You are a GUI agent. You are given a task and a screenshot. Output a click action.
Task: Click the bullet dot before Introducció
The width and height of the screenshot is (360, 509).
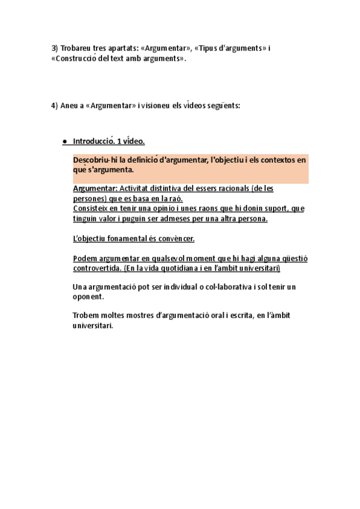pyautogui.click(x=64, y=142)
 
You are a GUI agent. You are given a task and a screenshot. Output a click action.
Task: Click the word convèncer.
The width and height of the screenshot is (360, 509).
pyautogui.click(x=174, y=239)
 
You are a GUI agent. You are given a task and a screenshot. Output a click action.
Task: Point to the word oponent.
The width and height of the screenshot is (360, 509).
pyautogui.click(x=88, y=296)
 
